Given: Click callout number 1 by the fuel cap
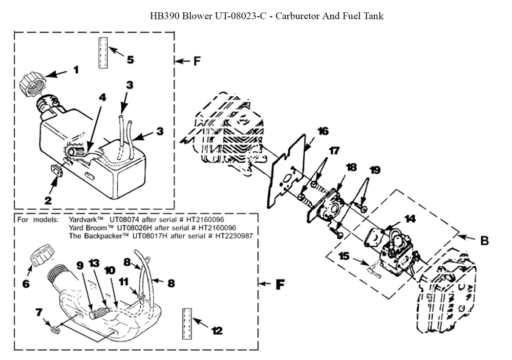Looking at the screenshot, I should pyautogui.click(x=76, y=70).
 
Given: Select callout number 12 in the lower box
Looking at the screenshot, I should pyautogui.click(x=217, y=331).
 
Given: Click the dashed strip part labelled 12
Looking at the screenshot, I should pyautogui.click(x=187, y=324).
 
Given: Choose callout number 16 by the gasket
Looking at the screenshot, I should pyautogui.click(x=323, y=131).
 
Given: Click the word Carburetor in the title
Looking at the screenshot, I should pyautogui.click(x=295, y=16).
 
